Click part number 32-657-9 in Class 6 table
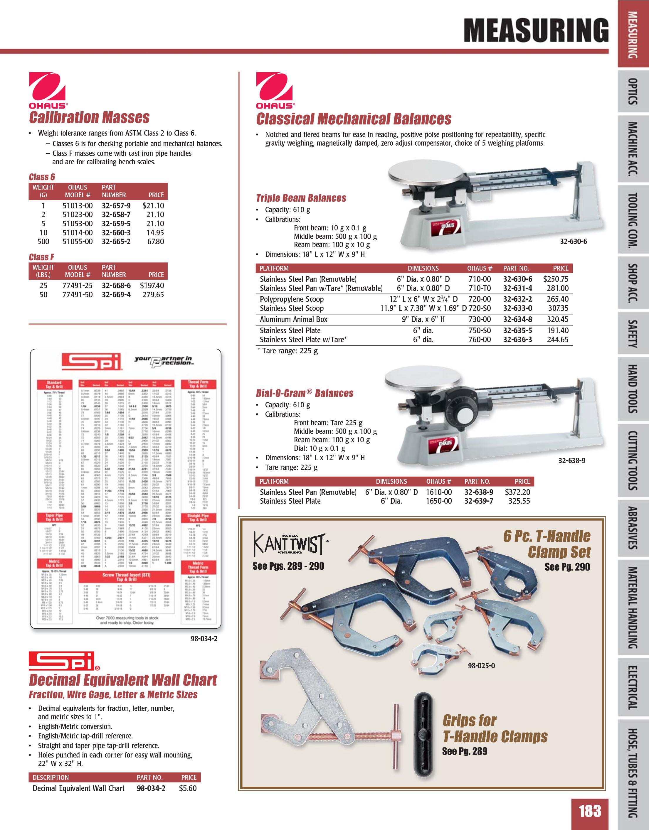(x=116, y=206)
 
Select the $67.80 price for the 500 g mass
(x=156, y=242)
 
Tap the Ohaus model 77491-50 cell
(x=78, y=295)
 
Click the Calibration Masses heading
(x=89, y=117)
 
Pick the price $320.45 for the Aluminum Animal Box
(x=558, y=319)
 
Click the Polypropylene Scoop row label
(x=292, y=299)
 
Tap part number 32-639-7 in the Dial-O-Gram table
(x=479, y=501)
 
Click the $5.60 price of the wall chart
(x=188, y=788)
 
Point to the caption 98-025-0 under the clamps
(x=481, y=666)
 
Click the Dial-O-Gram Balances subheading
(x=305, y=393)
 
